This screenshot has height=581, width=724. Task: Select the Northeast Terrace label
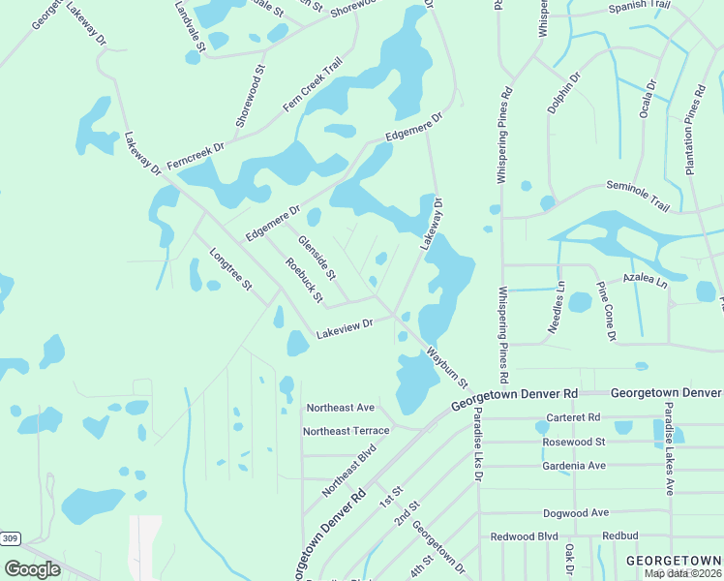coord(347,431)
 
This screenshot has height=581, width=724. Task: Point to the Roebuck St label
coord(304,280)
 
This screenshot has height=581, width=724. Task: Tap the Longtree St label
coord(230,270)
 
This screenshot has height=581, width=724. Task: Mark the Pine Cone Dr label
coord(607,312)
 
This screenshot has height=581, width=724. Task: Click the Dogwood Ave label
coord(576,512)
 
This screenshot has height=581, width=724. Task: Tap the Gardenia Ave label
coord(574,466)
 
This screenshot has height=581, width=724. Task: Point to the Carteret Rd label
coord(573,417)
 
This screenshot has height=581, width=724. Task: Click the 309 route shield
coord(10,538)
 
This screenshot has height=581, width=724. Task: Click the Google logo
coord(33,568)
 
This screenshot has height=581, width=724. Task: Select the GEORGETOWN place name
coord(674,561)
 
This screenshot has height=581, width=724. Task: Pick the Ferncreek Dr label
coord(195,155)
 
